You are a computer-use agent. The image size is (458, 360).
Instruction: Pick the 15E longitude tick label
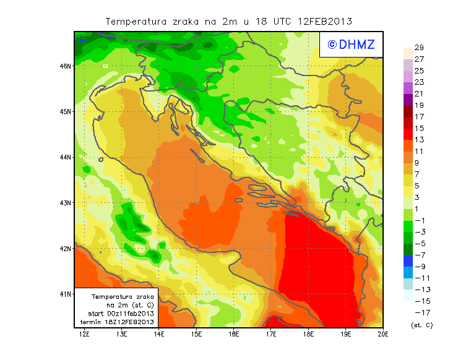(x=196, y=334)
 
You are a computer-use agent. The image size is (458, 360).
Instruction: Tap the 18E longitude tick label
(x=308, y=334)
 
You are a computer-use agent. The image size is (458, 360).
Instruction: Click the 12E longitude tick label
(x=85, y=334)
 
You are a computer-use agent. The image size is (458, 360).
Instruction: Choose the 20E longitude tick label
(x=383, y=334)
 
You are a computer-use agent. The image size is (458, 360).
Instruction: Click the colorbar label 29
(x=419, y=48)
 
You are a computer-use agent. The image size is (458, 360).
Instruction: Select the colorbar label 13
(x=419, y=140)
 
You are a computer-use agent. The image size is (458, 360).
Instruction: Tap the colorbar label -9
(x=419, y=266)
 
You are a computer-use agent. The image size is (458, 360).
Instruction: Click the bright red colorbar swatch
(x=407, y=134)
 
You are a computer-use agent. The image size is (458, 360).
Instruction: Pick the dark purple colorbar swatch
(x=407, y=99)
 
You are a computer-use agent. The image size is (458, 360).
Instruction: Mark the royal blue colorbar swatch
(x=407, y=260)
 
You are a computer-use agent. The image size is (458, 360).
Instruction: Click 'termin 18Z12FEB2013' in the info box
(x=117, y=322)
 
